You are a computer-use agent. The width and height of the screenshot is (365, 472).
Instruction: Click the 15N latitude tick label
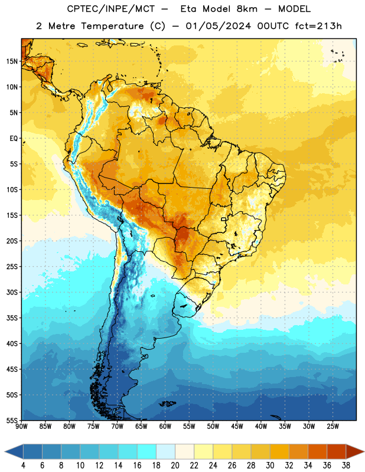[x=11, y=61]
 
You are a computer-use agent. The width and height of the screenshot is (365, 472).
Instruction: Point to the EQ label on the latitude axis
[x=14, y=139]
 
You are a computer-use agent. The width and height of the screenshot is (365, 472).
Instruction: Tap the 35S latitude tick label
[x=12, y=318]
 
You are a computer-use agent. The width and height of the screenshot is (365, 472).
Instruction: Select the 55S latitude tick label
[x=12, y=420]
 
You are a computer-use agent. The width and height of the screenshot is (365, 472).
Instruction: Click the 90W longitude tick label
[x=21, y=426]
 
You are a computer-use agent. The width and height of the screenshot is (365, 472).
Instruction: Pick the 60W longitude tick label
[x=165, y=426]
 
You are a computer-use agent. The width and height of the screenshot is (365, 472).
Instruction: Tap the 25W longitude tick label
[x=333, y=426]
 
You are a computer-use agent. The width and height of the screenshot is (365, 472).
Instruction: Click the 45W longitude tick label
[x=237, y=426]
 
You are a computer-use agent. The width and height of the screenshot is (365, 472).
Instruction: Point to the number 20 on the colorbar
[x=175, y=466]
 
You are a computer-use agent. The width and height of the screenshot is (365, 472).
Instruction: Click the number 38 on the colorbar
[x=346, y=466]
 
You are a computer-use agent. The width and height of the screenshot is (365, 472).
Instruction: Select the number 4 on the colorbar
[x=23, y=466]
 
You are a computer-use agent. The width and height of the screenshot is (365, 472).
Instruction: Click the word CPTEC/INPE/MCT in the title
[x=111, y=9]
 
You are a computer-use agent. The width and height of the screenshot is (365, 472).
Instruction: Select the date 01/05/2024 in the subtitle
[x=218, y=26]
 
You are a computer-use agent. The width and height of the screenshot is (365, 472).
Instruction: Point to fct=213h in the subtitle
[x=318, y=26]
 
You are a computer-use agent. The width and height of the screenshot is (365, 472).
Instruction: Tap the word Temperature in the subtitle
[x=112, y=26]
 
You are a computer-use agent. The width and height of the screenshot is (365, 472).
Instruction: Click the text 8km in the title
[x=247, y=9]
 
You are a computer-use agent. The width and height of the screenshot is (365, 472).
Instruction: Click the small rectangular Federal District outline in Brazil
[x=224, y=219]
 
